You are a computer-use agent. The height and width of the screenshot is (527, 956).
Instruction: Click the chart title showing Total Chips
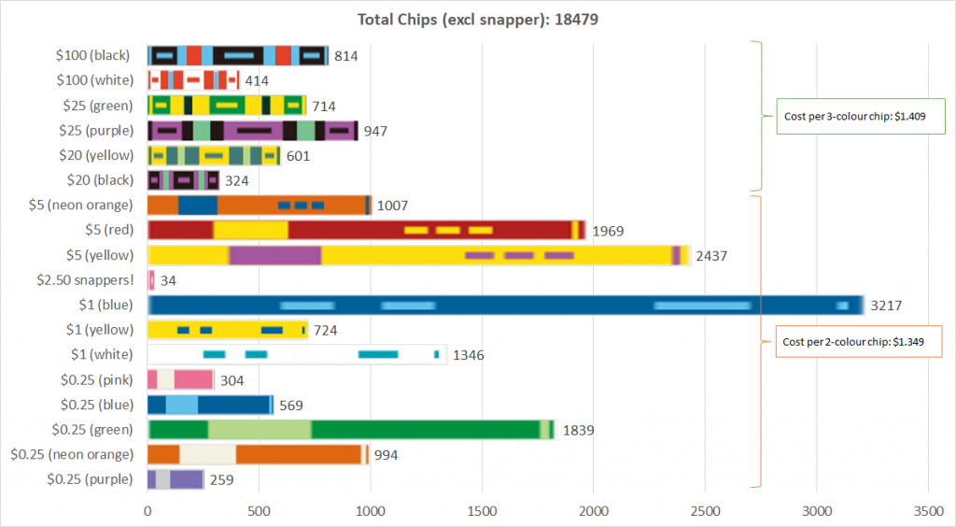pos(478,19)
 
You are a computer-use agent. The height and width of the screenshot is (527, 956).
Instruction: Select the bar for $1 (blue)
pos(644,305)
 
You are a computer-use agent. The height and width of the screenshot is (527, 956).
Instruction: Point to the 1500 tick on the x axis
pos(482,512)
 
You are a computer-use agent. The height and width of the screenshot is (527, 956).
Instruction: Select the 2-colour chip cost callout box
pos(855,341)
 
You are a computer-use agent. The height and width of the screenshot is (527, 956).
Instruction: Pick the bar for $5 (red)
pos(366,230)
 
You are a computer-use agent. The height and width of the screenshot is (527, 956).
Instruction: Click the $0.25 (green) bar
pos(351,429)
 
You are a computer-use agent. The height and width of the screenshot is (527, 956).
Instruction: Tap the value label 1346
pos(471,355)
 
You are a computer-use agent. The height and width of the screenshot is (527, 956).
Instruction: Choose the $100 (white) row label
pos(94,80)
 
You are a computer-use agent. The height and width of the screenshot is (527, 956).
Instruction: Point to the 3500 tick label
pos(928,512)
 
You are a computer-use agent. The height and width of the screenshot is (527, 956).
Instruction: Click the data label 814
pos(346,56)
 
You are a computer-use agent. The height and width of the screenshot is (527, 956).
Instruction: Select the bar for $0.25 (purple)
pos(176,479)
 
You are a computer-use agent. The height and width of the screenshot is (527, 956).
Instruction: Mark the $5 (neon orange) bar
pos(259,205)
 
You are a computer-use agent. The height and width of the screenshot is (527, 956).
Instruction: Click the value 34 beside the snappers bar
pos(169,280)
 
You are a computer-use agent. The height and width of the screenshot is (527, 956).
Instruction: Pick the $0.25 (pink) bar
pos(181,379)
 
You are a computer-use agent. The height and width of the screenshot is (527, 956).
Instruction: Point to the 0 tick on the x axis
pos(148,512)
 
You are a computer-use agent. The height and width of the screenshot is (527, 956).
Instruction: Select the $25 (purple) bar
pos(252,131)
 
